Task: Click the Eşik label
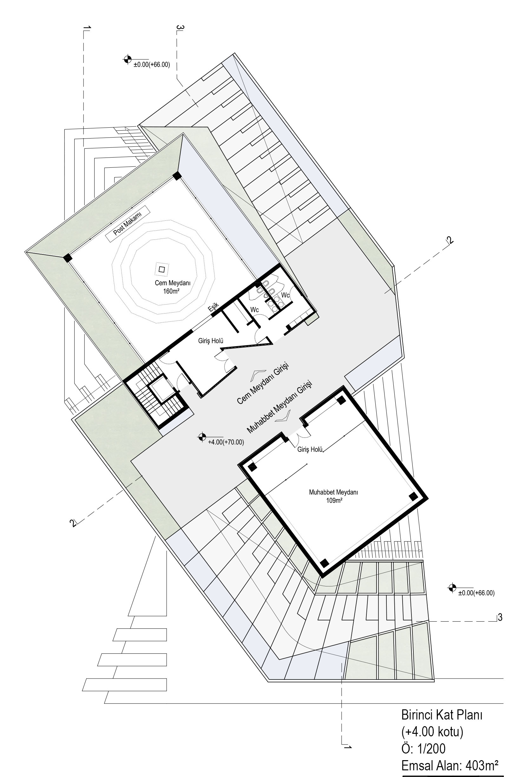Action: click(214, 307)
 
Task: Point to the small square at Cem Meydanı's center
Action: click(162, 269)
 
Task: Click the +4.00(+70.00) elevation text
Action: click(226, 442)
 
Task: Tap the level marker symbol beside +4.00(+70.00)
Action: click(202, 436)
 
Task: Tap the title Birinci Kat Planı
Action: click(442, 715)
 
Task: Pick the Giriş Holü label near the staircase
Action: click(210, 341)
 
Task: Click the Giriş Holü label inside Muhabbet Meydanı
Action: click(310, 449)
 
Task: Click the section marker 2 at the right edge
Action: click(450, 240)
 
